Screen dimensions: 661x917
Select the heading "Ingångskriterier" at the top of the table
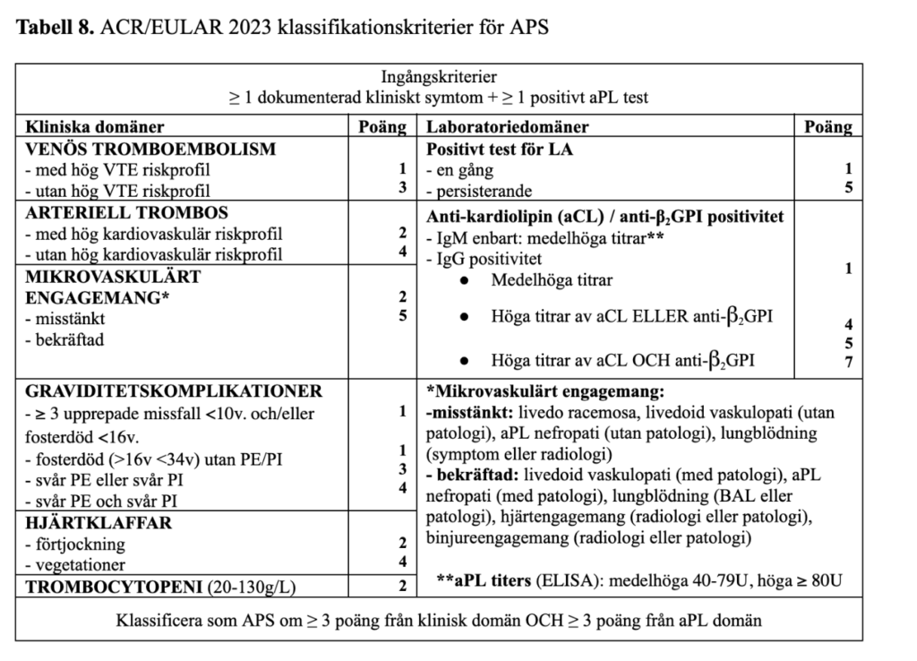tap(439, 77)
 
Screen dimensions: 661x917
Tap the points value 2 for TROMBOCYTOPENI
tap(402, 587)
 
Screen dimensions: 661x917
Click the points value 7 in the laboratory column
tap(848, 362)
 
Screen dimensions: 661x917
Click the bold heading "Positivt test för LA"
tap(500, 149)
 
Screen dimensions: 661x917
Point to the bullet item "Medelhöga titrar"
tap(552, 280)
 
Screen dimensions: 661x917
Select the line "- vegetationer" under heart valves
tap(75, 564)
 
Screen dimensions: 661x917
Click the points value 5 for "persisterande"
tap(848, 189)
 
